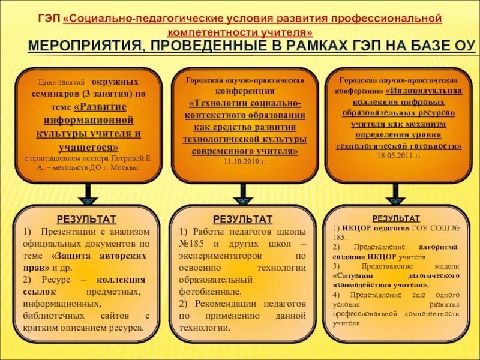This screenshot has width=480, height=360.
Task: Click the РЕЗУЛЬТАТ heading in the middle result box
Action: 242,219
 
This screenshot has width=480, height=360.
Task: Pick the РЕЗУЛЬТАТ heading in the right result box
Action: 396,218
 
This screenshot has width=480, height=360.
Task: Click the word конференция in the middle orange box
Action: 242,91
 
